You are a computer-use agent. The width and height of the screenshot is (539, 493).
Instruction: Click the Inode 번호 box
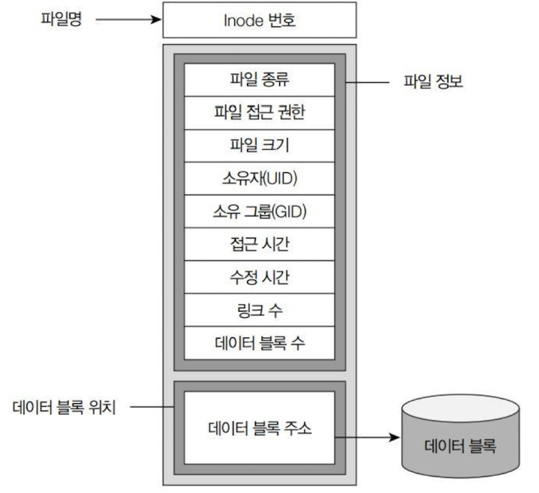pyautogui.click(x=259, y=20)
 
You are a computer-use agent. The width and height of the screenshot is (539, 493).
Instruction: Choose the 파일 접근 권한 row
pyautogui.click(x=259, y=112)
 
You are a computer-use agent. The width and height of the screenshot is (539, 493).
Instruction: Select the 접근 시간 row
pyautogui.click(x=259, y=244)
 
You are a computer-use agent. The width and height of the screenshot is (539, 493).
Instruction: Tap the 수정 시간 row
pyautogui.click(x=259, y=276)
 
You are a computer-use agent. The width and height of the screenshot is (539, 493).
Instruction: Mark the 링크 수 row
pyautogui.click(x=259, y=309)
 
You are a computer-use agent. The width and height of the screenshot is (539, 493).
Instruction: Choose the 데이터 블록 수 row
pyautogui.click(x=259, y=342)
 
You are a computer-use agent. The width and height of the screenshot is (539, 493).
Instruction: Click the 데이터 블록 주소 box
pyautogui.click(x=259, y=429)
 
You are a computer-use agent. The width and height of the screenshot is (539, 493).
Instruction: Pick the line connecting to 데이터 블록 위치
pyautogui.click(x=150, y=408)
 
